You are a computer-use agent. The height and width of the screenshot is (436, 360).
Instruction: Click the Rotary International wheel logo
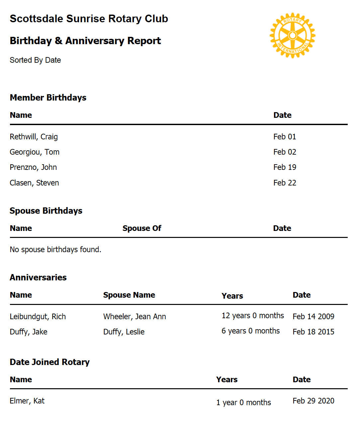pos(292,36)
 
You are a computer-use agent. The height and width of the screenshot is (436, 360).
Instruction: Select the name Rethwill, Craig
pos(34,137)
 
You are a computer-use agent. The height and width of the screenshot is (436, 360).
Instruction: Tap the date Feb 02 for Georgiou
pos(285,152)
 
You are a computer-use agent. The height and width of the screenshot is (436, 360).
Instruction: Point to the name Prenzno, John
pos(33,167)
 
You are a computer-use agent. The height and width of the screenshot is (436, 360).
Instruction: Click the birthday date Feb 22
pos(285,183)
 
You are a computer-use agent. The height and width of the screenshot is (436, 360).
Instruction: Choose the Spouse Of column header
pos(142,228)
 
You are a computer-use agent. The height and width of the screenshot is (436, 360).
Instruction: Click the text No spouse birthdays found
pos(55,250)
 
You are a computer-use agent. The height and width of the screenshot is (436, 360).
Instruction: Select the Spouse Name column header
pos(129,295)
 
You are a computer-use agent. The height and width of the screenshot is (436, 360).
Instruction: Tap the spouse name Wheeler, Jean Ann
pos(135,317)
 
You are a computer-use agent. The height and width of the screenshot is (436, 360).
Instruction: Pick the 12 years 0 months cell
pos(253,316)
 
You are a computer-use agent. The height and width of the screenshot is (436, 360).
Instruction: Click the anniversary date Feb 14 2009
pos(313,317)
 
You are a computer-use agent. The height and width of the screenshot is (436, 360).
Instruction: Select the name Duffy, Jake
pos(29,332)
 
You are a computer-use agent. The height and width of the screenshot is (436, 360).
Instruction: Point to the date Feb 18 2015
pos(313,332)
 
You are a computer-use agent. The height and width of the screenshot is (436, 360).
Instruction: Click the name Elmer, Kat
pos(27,401)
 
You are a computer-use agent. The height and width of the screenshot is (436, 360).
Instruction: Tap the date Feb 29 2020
pos(313,401)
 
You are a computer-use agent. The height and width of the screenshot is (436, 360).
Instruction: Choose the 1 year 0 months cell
pos(243,402)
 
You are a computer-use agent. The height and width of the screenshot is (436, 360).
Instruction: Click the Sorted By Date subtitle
pos(35,60)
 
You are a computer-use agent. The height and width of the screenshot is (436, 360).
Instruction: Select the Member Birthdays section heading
pos(48,98)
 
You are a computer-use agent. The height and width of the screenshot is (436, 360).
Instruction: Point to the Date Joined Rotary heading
pos(49,362)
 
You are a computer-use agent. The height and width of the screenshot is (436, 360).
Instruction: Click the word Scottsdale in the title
pos(36,19)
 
